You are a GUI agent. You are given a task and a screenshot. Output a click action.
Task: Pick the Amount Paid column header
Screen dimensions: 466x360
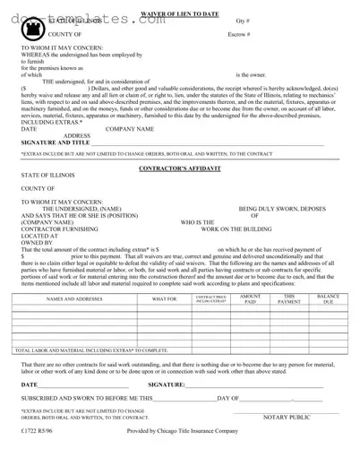[x=250, y=299]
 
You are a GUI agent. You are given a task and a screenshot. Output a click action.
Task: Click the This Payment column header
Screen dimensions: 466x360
[x=289, y=299]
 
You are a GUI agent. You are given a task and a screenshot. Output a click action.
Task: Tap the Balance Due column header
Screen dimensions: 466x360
[x=329, y=299]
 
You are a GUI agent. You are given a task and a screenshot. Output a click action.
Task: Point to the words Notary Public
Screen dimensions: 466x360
[x=287, y=418]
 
